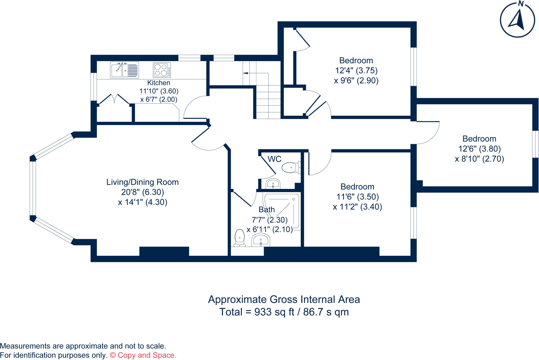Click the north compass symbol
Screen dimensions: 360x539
517,20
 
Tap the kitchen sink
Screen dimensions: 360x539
124,70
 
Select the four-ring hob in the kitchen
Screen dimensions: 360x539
162,70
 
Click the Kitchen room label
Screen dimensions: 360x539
158,83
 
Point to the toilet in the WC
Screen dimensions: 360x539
291,167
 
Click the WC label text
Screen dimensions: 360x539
275,159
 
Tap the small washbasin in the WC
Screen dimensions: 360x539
273,184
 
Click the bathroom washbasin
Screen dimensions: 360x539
261,240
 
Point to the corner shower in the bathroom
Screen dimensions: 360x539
283,211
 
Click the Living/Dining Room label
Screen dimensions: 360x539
142,182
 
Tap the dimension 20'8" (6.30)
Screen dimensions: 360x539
142,192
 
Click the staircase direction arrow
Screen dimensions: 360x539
245,73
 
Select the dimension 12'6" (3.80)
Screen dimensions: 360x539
479,149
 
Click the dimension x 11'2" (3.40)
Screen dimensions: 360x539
357,207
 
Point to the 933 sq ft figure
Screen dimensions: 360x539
274,312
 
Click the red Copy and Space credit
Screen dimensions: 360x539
143,355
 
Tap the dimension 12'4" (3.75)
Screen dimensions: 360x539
356,71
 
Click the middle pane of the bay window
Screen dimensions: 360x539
33,188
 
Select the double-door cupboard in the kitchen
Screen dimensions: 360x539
114,100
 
